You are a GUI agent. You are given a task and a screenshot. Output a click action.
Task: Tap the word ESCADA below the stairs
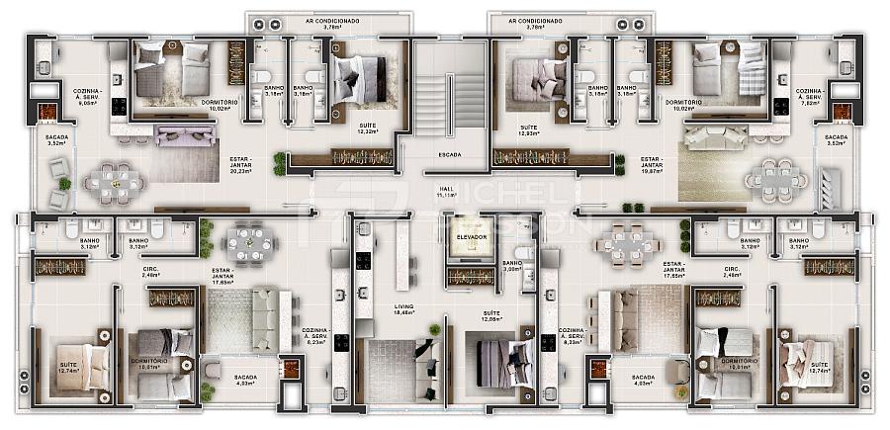click(x=449, y=154)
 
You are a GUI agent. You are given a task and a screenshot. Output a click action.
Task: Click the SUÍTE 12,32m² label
click(x=367, y=129)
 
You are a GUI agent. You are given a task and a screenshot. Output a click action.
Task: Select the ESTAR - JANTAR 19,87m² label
click(x=651, y=163)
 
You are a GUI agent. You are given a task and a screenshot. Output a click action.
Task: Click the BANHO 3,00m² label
click(x=512, y=267)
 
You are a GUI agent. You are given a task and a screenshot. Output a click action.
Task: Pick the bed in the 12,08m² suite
click(x=498, y=362)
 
